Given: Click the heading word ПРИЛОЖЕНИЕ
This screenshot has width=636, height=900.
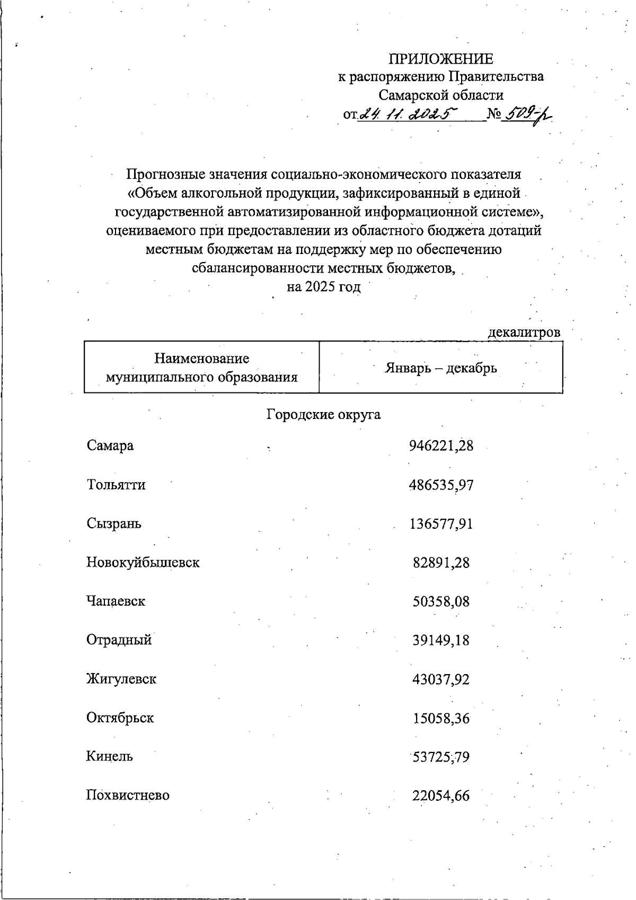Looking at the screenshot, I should click(441, 58).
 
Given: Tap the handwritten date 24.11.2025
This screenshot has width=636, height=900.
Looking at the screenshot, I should click(408, 115).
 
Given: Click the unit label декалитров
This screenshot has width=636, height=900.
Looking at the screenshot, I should click(524, 333).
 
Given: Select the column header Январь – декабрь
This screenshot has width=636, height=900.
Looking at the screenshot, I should click(440, 368).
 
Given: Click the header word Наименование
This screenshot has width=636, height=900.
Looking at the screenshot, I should click(201, 359).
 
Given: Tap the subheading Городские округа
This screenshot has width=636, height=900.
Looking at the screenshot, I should click(323, 414).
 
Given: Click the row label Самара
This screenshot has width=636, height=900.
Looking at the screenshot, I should click(110, 445).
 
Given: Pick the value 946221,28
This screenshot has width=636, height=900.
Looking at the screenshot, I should click(441, 445).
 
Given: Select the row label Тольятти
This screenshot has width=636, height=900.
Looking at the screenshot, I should click(116, 485).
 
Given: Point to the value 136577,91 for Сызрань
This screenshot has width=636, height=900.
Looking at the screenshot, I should click(441, 524).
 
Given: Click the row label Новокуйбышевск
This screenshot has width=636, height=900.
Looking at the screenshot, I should click(143, 563).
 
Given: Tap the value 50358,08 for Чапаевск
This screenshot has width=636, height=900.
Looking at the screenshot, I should click(441, 602).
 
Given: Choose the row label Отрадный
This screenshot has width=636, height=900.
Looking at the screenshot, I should click(119, 640).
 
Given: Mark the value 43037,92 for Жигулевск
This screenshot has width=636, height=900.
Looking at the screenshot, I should click(441, 679).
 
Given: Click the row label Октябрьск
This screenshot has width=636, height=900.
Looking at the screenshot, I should click(120, 718).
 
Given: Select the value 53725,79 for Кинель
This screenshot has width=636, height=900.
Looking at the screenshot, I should click(441, 757).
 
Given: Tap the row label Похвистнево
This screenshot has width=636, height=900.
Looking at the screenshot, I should click(128, 796).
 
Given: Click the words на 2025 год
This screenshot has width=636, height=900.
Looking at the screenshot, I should click(323, 287).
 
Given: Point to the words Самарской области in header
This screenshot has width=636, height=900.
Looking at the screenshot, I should click(441, 95).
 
